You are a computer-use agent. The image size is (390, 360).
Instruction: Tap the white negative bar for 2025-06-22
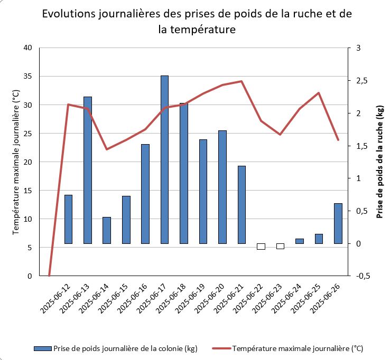tap(261, 247)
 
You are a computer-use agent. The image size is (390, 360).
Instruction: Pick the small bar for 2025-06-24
tap(299, 241)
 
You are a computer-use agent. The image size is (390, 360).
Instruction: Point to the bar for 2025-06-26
tap(338, 223)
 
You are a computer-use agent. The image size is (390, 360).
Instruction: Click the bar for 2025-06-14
tap(107, 230)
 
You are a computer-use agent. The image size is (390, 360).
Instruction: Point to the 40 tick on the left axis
tap(27, 48)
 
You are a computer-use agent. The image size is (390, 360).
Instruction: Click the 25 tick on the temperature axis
tap(27, 134)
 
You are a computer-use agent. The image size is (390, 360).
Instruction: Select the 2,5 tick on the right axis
tap(362, 81)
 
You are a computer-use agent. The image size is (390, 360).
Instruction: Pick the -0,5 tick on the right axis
tap(362, 276)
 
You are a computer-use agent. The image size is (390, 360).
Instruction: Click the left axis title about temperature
tap(16, 162)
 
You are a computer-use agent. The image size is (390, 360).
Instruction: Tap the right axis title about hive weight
tap(379, 162)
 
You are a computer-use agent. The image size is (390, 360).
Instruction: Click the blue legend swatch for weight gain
tap(42, 348)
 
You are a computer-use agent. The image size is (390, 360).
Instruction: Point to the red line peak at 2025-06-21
tap(242, 81)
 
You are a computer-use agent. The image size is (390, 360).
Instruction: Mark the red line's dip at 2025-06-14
tap(107, 149)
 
